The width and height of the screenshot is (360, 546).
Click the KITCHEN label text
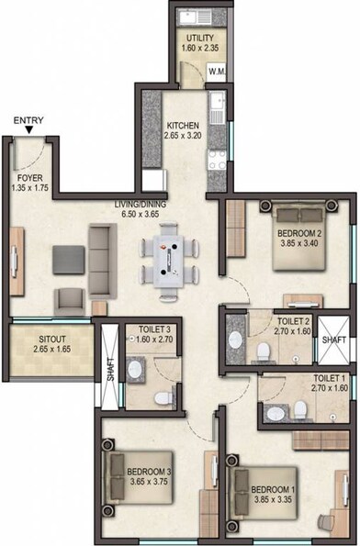point(183,126)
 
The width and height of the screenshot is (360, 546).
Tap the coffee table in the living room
point(64,257)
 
